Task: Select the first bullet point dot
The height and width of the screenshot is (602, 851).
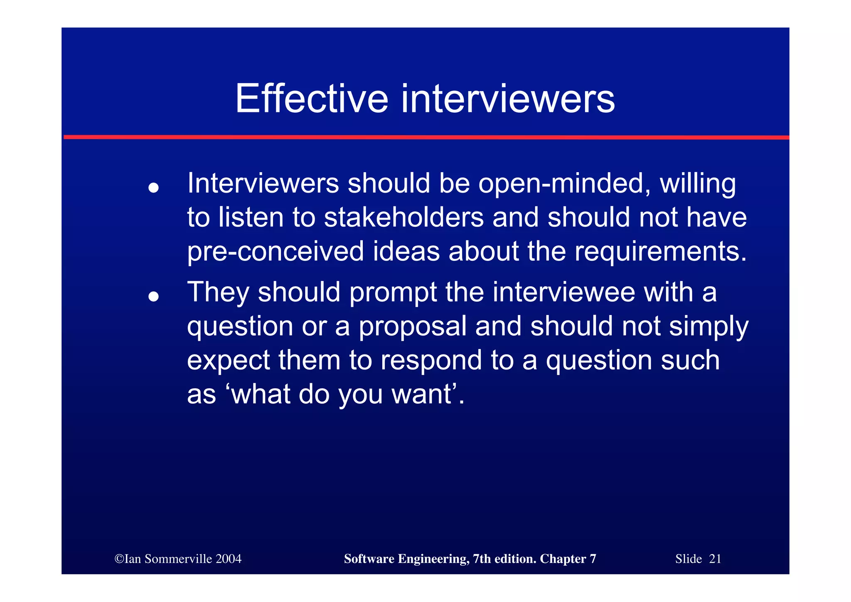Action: [x=154, y=188]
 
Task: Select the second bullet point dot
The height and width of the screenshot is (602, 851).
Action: [x=154, y=297]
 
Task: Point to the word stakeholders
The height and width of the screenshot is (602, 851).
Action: [x=404, y=218]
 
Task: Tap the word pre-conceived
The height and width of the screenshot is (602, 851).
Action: [x=275, y=252]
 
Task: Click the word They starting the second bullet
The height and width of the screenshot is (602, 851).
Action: [x=218, y=292]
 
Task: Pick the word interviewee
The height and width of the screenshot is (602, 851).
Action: [x=564, y=292]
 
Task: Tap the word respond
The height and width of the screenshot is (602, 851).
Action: [x=431, y=360]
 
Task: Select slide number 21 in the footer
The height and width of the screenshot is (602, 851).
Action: [x=715, y=559]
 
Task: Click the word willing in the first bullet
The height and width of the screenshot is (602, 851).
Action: [x=698, y=183]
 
